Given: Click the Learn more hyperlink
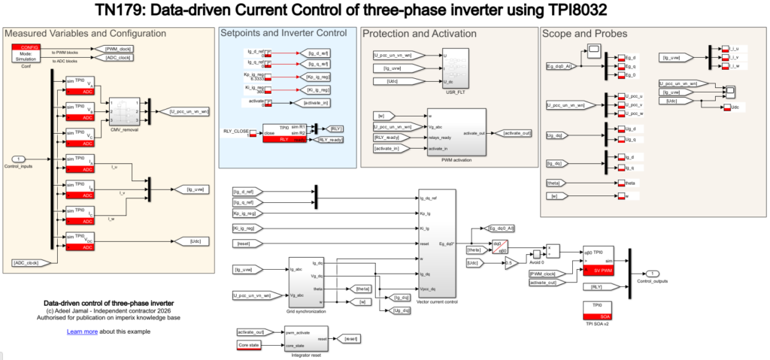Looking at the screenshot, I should (x=83, y=331).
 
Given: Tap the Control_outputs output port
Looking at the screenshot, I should (x=655, y=272).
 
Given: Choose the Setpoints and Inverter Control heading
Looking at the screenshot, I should (x=283, y=33).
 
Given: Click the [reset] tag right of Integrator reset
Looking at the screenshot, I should (x=349, y=338).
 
